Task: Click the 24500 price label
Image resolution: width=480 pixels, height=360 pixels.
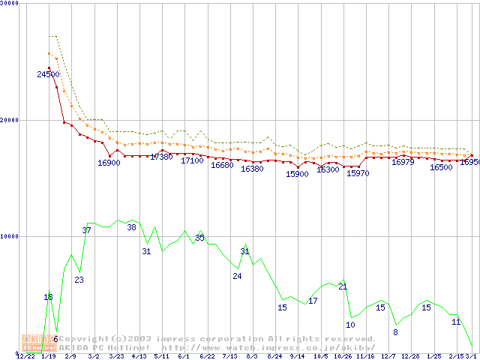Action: (x=48, y=74)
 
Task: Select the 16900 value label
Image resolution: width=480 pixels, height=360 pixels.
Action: (x=109, y=163)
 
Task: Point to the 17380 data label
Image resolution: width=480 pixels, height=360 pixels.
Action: (x=161, y=157)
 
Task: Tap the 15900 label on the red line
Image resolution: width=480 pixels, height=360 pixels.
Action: (x=297, y=174)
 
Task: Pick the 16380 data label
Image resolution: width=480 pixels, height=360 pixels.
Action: (x=252, y=169)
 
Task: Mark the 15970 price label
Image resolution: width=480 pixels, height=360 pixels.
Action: (x=358, y=173)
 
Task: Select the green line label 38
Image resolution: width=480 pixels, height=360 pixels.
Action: (x=131, y=227)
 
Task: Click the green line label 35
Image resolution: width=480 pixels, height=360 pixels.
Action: (x=199, y=238)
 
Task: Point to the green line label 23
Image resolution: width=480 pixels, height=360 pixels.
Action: (x=79, y=280)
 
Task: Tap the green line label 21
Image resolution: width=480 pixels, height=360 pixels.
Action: (x=343, y=286)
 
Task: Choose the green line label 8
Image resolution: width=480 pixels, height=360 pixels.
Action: (x=395, y=332)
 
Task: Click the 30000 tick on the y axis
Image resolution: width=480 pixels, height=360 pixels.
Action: (x=11, y=4)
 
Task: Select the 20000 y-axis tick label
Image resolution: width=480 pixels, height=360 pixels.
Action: (x=11, y=120)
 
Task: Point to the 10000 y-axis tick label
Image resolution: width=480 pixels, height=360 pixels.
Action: (x=11, y=236)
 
